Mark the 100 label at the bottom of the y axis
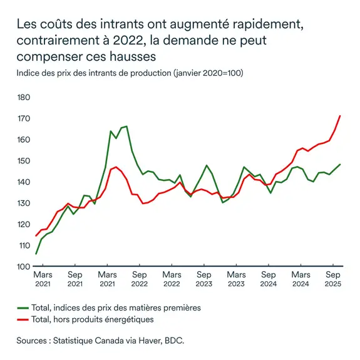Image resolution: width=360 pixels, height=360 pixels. click(23, 267)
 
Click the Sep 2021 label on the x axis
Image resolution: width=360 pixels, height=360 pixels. click(75, 279)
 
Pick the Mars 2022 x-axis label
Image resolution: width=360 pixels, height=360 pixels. click(172, 279)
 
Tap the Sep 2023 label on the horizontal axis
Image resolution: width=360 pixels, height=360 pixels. click(203, 279)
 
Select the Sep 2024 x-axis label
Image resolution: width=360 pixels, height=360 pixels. click(269, 279)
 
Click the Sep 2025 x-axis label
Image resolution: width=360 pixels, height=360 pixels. click(333, 279)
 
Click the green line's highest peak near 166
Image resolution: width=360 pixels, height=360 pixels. click(126, 126)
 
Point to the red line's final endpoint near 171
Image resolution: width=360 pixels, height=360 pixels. click(340, 116)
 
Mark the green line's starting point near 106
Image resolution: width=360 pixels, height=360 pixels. click(36, 254)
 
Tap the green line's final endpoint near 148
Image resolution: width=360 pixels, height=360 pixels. click(340, 165)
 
